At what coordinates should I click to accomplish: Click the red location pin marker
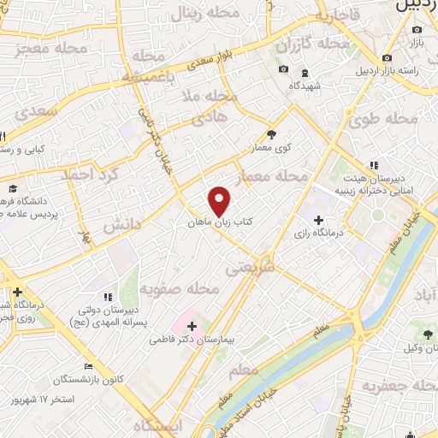pos(220,202)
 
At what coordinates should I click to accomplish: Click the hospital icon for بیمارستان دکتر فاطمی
pos(192,325)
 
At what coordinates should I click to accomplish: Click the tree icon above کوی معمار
pos(272,134)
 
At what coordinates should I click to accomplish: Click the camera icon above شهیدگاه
pos(283,69)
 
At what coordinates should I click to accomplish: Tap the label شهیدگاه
pos(305,86)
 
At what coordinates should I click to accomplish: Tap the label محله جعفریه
pos(394,386)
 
